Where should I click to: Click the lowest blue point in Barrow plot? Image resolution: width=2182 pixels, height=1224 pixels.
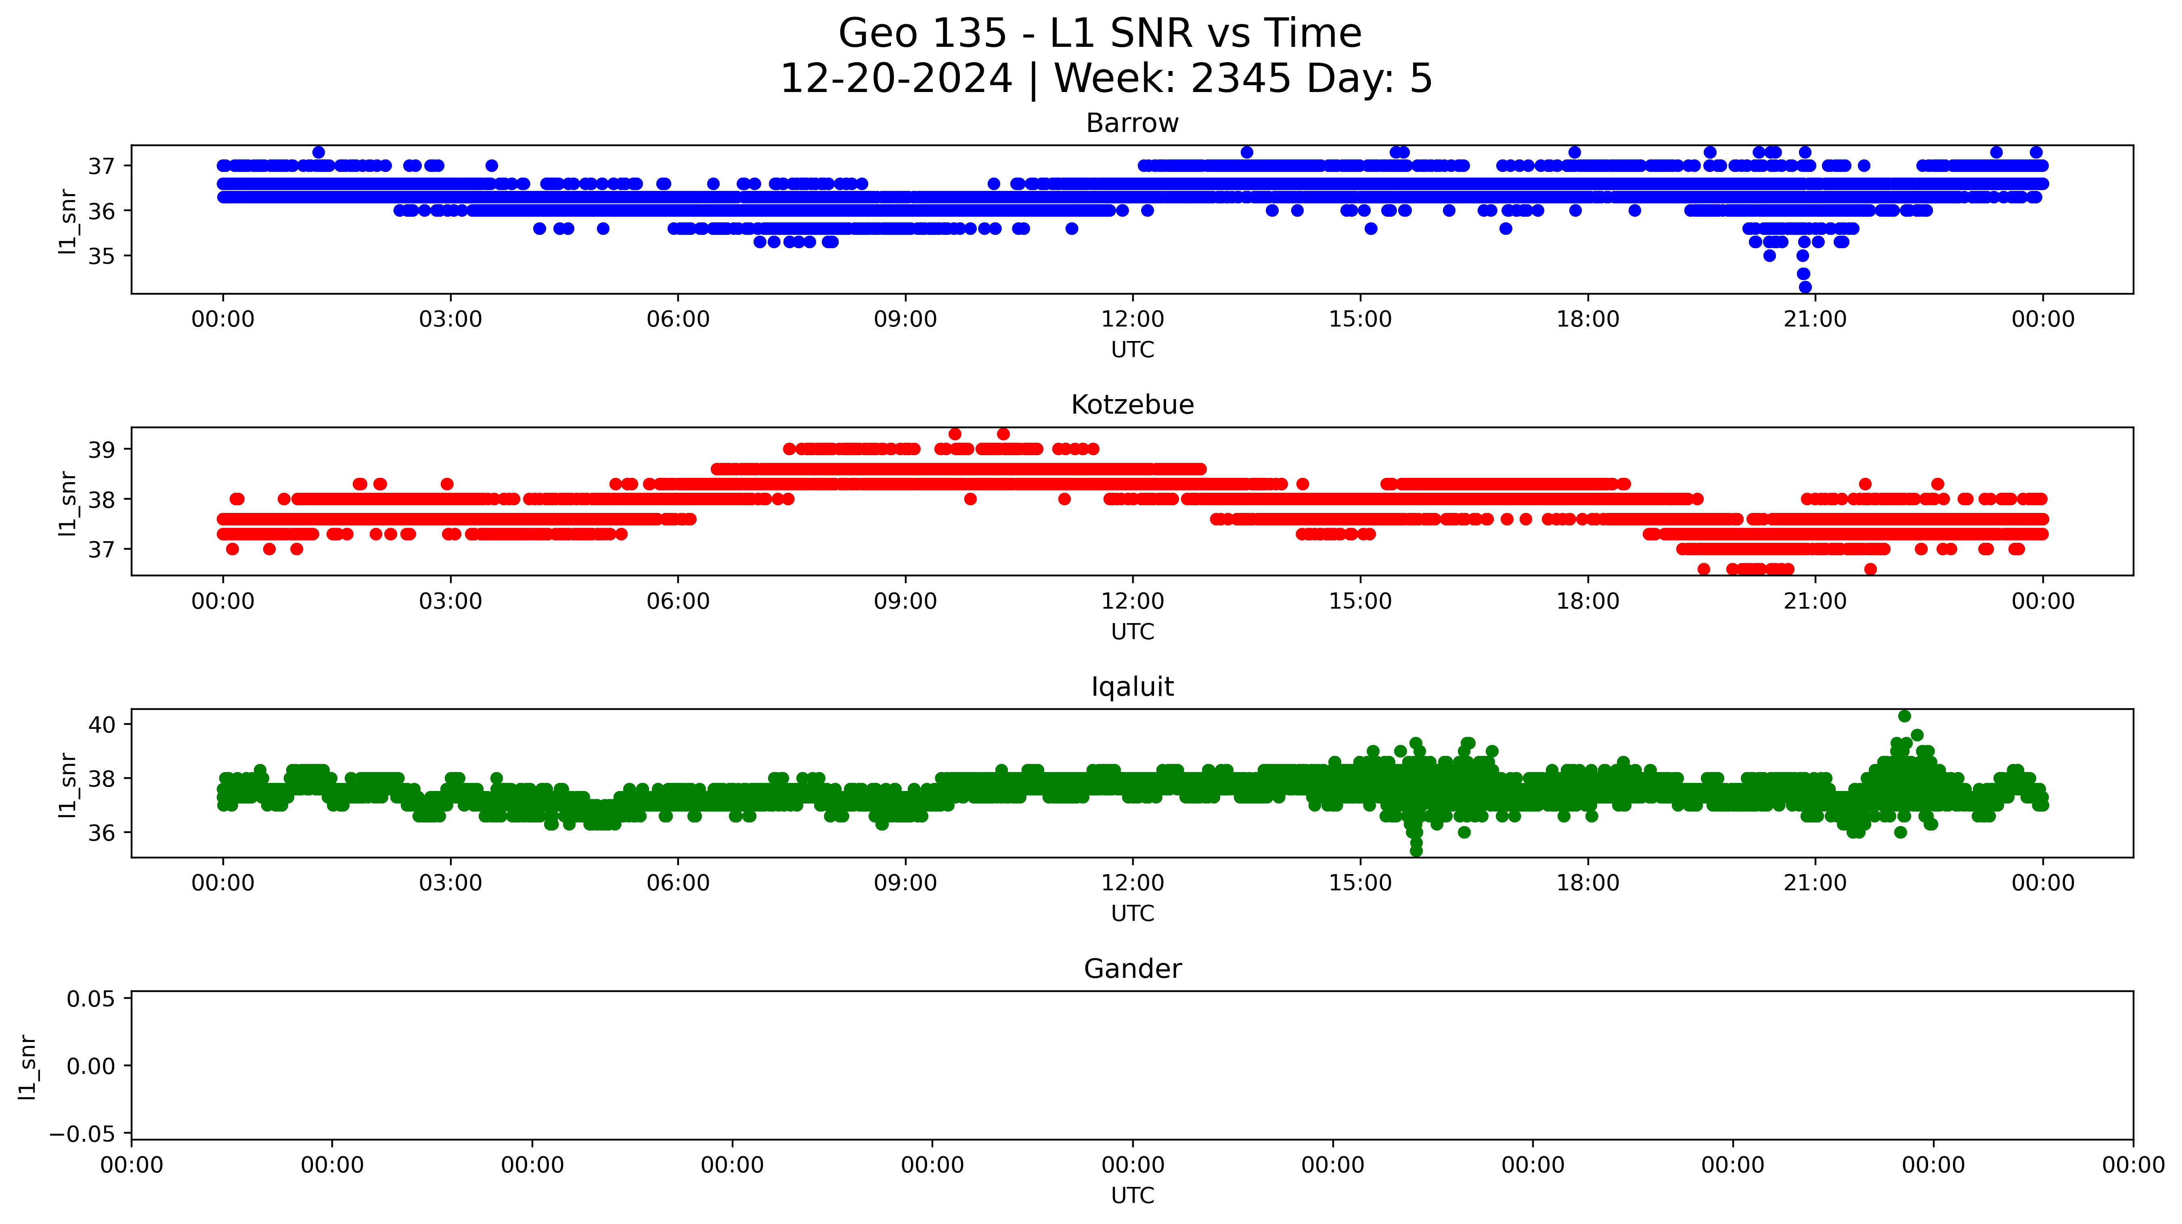click(1805, 287)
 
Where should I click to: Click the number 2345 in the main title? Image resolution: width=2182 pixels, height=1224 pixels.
click(1241, 79)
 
